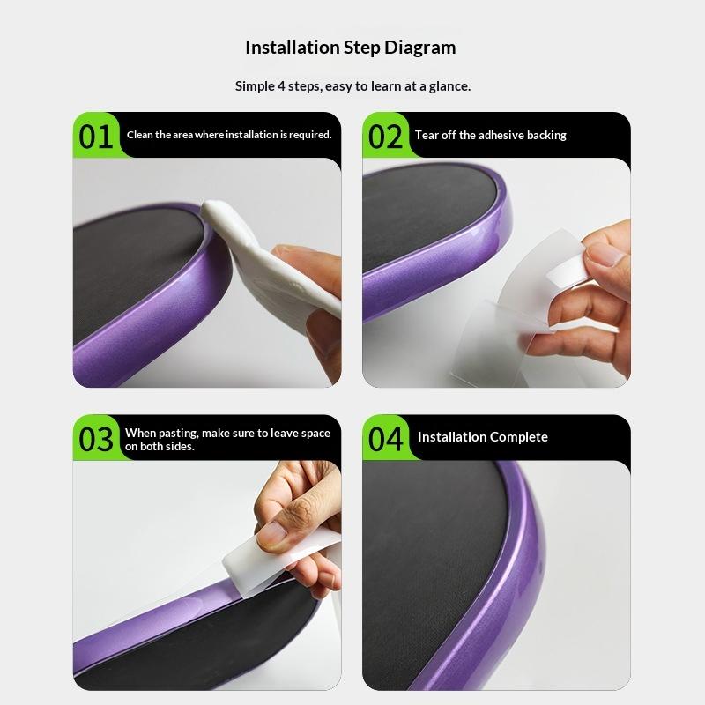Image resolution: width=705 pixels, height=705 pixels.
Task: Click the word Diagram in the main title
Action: [x=420, y=48]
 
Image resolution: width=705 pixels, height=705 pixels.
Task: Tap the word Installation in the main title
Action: [x=293, y=48]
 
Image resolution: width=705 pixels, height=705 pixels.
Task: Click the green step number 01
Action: [x=96, y=137]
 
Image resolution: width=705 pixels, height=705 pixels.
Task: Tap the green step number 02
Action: [x=385, y=137]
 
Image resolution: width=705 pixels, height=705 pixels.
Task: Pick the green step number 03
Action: [x=96, y=439]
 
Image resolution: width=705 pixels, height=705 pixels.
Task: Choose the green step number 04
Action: [x=385, y=439]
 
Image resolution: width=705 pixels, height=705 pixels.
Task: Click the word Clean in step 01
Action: [x=140, y=135]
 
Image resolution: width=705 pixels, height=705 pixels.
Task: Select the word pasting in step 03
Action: [x=179, y=434]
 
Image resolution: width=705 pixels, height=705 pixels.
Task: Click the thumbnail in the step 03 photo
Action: [x=271, y=533]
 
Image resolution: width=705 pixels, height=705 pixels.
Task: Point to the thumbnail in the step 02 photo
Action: [x=608, y=255]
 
